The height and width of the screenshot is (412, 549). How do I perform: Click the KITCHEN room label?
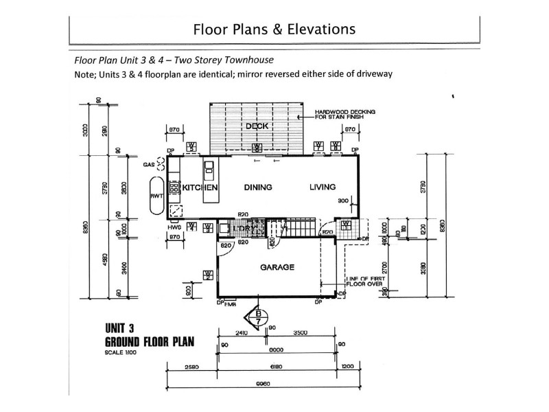pyautogui.click(x=200, y=187)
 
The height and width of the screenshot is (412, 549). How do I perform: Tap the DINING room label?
pyautogui.click(x=258, y=187)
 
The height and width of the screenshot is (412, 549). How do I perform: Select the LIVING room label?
pyautogui.click(x=322, y=187)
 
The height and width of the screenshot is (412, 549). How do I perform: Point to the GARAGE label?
pyautogui.click(x=277, y=268)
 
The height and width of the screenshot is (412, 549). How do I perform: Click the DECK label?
pyautogui.click(x=257, y=126)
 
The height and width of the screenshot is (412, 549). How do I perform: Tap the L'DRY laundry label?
pyautogui.click(x=246, y=227)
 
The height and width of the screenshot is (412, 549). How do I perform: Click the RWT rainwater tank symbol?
pyautogui.click(x=155, y=196)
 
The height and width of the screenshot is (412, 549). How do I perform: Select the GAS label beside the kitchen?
pyautogui.click(x=148, y=165)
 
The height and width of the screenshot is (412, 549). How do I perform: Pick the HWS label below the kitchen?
pyautogui.click(x=173, y=227)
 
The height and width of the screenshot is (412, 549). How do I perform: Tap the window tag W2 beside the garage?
pyautogui.click(x=207, y=275)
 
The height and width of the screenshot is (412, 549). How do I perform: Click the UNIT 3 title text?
pyautogui.click(x=123, y=328)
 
